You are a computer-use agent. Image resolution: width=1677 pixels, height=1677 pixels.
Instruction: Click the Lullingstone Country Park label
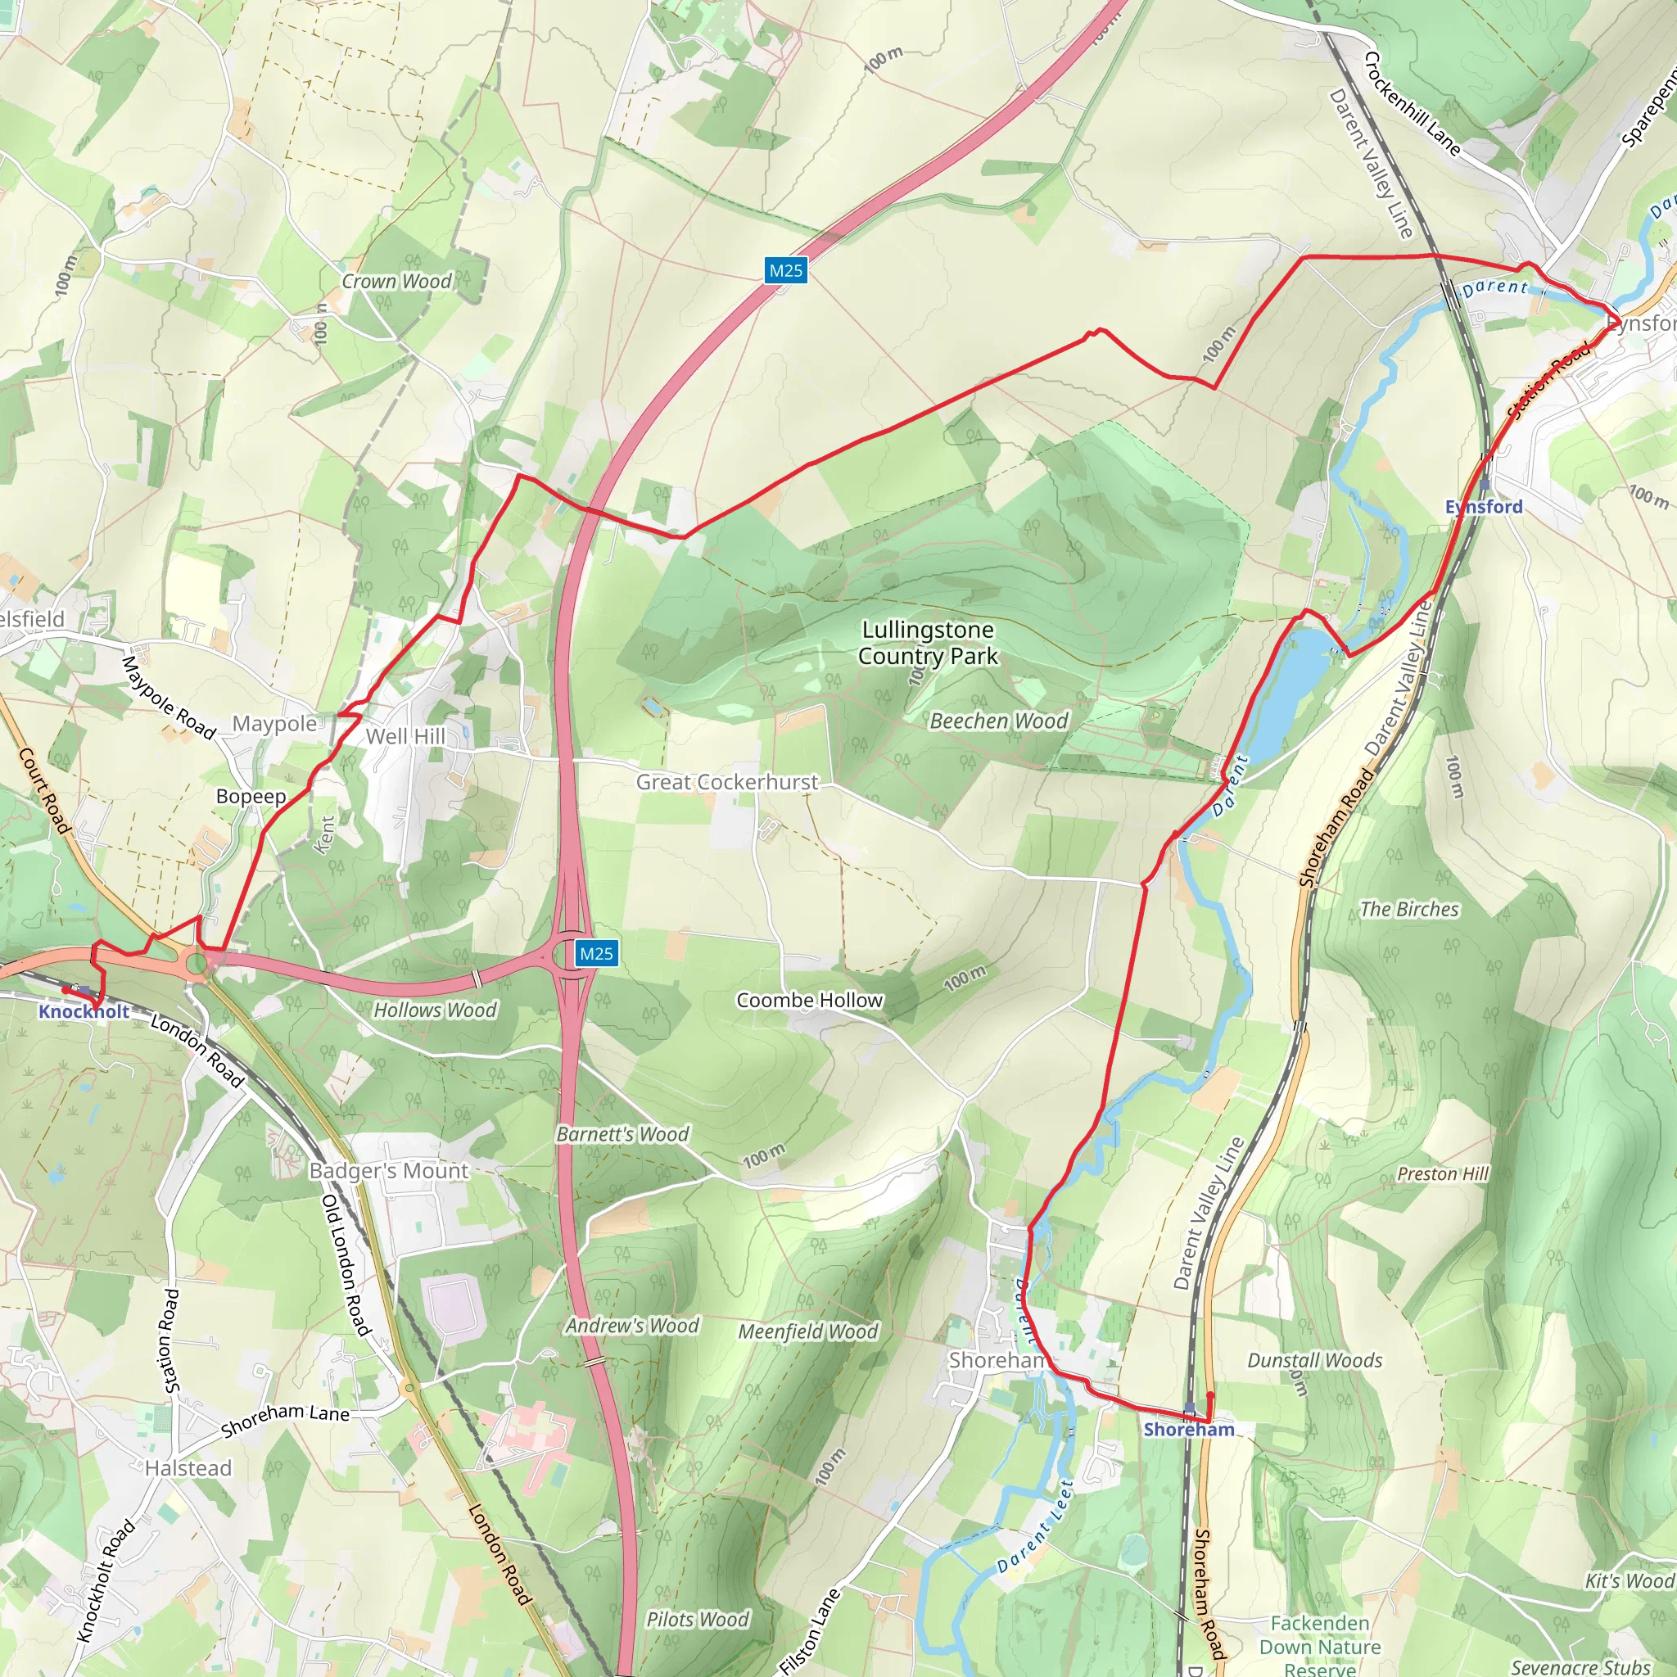[928, 643]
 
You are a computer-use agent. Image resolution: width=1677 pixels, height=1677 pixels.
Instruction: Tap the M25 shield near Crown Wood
[785, 270]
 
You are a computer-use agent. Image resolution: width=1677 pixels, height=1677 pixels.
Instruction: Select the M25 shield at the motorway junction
[596, 953]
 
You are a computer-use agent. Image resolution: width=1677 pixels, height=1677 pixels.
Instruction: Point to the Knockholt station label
[84, 1011]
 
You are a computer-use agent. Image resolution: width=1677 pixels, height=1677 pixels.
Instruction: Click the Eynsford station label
[1484, 507]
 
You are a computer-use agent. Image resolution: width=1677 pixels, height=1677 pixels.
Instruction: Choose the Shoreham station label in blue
[1188, 1430]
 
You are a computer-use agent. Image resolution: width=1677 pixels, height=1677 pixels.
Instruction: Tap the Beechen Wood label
[998, 721]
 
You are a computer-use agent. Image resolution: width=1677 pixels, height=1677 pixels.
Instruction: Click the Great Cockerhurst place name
[726, 782]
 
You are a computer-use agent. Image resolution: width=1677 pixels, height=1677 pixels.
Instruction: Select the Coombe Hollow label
[809, 1000]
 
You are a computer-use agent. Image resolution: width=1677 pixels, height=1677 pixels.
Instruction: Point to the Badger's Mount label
[389, 1171]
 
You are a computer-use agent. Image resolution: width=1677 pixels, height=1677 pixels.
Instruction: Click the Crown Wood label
[396, 281]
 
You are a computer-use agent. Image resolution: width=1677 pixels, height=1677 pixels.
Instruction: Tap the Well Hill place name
[405, 736]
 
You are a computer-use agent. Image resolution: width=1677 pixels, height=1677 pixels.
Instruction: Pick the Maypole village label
[274, 724]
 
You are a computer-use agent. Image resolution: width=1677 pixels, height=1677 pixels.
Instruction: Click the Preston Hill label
[1443, 1173]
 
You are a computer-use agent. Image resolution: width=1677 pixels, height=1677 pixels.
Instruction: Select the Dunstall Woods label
[1314, 1360]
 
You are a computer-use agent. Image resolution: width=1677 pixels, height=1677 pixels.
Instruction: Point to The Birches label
[1408, 909]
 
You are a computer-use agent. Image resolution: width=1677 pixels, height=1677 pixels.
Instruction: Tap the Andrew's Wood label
[632, 1326]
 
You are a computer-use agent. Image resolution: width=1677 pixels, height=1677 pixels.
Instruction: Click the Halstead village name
[188, 1468]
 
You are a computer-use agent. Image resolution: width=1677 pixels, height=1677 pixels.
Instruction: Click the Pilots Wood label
[697, 1619]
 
